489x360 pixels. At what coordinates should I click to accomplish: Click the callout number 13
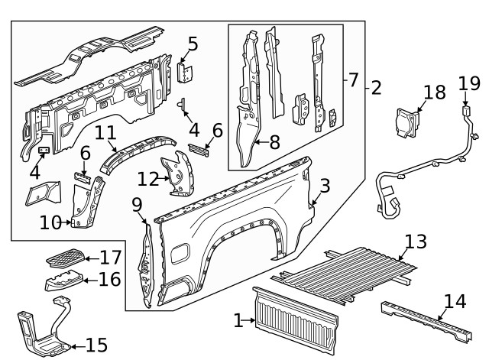(x=415, y=242)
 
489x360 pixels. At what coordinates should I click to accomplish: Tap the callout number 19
(x=468, y=83)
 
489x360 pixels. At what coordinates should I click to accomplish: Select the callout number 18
(x=433, y=92)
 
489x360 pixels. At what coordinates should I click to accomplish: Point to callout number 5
(x=193, y=44)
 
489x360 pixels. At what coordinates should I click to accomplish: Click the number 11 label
(x=105, y=133)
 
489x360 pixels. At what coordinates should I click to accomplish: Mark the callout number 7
(x=353, y=79)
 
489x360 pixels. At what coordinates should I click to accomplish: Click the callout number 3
(x=325, y=185)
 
